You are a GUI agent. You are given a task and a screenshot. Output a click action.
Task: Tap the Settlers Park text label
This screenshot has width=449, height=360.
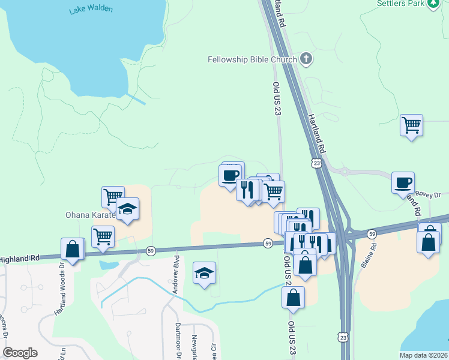point(400,3)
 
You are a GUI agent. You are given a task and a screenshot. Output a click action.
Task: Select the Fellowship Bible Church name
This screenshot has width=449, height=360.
point(252,59)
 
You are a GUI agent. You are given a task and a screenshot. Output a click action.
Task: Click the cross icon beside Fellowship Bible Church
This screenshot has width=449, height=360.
point(306,59)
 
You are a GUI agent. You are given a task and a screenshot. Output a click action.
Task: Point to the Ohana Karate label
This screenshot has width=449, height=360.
point(90,215)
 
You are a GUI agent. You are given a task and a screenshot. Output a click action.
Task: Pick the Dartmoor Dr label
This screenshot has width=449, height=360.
point(178,342)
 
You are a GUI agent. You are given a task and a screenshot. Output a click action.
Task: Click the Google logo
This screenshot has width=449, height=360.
point(20,353)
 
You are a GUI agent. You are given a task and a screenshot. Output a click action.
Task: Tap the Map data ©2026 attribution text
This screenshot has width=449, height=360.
point(415,355)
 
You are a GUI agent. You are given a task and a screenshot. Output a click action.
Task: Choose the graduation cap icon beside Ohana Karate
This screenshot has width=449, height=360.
point(128,209)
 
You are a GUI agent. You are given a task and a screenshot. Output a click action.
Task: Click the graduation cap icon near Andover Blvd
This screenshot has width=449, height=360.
point(204,273)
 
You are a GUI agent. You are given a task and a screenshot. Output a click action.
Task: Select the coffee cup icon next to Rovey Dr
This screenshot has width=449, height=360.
point(403,182)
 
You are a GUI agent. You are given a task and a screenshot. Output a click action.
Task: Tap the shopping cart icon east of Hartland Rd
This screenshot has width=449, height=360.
point(411,125)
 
